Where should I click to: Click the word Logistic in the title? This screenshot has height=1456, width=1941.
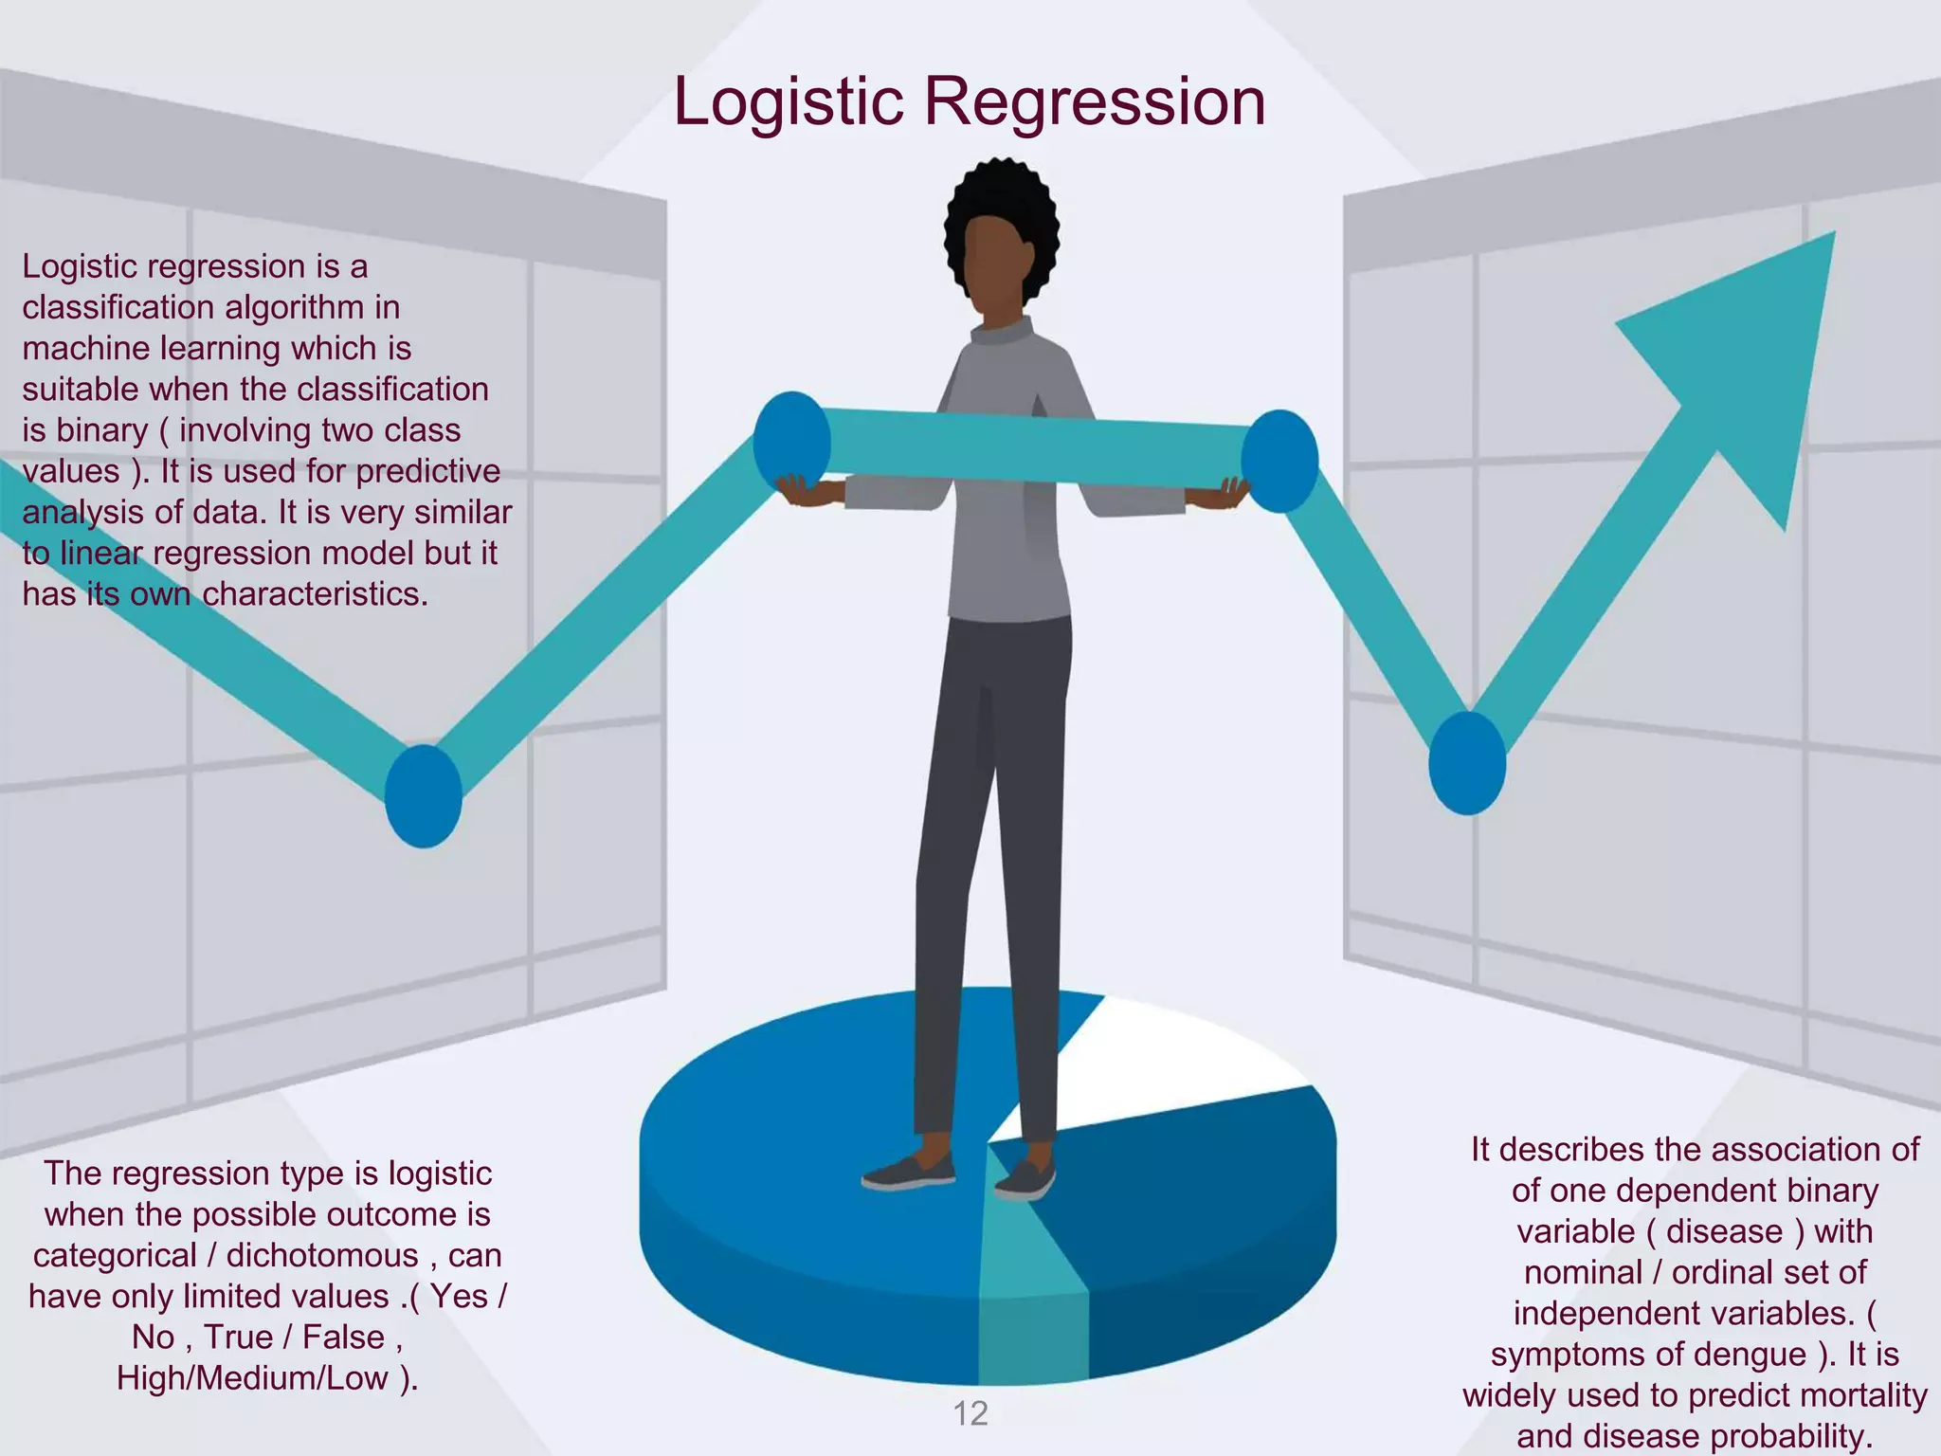pos(789,102)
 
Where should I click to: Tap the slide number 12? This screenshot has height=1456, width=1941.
pos(970,1413)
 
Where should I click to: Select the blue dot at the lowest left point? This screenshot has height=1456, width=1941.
pos(424,796)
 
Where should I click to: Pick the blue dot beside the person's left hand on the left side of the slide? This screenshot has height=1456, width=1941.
pos(791,443)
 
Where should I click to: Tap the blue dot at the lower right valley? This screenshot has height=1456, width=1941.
pos(1467,763)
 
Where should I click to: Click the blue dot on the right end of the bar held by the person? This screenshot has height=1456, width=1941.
pos(1279,462)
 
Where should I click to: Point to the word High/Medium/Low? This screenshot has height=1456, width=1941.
pos(252,1377)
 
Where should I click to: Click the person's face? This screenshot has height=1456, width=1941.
pos(995,265)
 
